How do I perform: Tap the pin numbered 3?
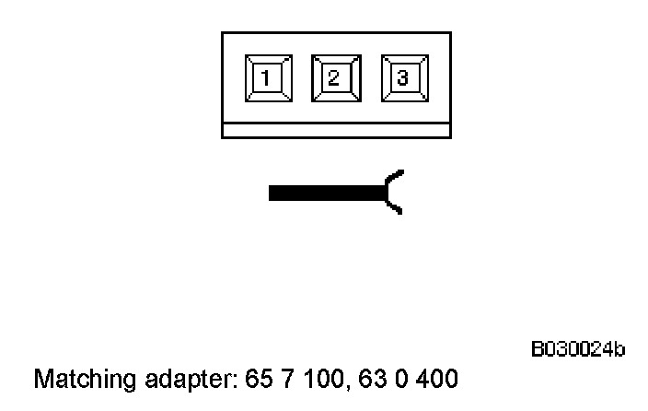(x=403, y=78)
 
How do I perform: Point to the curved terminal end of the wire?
(x=392, y=193)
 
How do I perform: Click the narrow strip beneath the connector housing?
(x=335, y=131)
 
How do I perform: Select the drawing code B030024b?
(x=577, y=349)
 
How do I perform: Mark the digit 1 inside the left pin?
(x=267, y=78)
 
